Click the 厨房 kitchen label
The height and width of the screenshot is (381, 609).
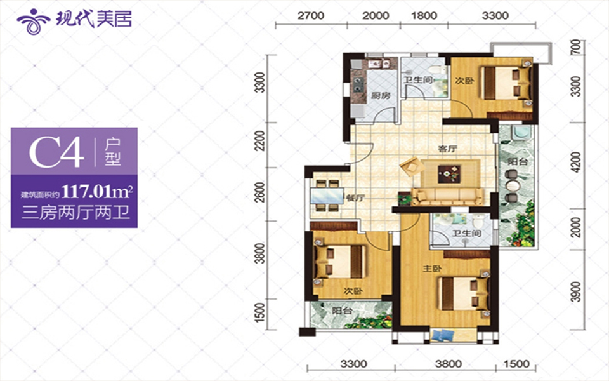380,95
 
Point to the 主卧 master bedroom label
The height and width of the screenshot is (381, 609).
432,269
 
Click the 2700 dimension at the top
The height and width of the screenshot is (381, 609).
311,16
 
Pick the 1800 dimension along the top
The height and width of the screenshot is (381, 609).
424,16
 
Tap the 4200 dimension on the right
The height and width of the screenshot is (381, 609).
577,162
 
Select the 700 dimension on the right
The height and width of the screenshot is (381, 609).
577,47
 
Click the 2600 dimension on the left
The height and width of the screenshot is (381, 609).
260,192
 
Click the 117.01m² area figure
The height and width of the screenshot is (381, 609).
98,191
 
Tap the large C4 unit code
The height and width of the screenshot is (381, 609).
56,152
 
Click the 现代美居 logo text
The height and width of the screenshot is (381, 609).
94,18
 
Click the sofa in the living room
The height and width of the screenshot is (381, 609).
448,196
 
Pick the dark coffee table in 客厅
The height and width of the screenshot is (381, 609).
449,173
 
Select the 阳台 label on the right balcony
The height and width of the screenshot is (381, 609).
517,161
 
